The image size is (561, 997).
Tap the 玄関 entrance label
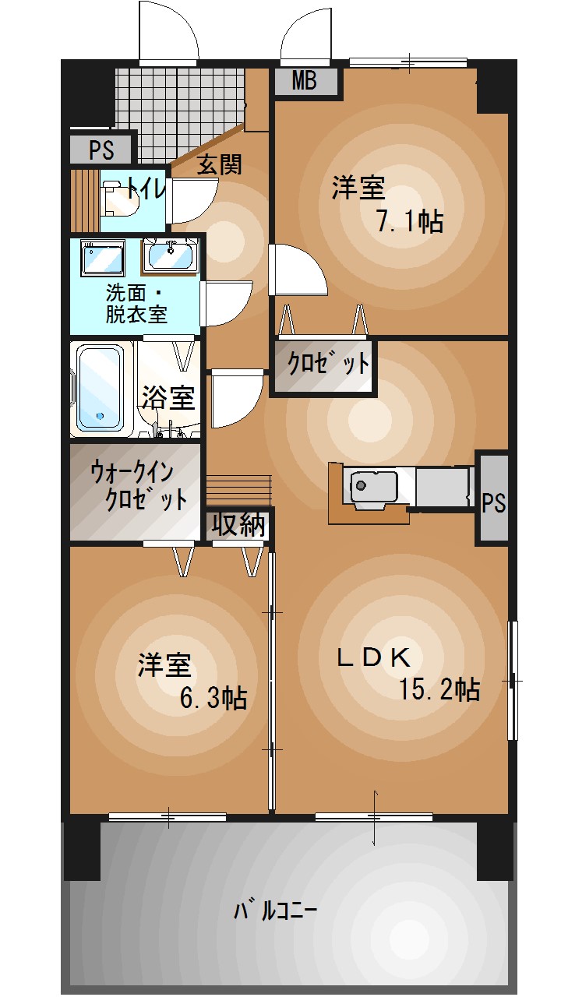click(x=220, y=164)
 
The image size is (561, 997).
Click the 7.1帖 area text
click(x=410, y=220)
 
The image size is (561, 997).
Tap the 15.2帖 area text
click(x=439, y=689)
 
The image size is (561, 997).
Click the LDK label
click(x=373, y=657)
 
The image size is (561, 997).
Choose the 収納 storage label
click(x=238, y=524)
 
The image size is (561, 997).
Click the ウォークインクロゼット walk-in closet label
click(x=138, y=485)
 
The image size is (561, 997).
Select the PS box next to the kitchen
click(x=493, y=499)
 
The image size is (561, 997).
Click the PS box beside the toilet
click(x=101, y=150)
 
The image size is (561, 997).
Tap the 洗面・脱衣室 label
click(x=136, y=304)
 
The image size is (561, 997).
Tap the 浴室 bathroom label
click(x=169, y=397)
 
